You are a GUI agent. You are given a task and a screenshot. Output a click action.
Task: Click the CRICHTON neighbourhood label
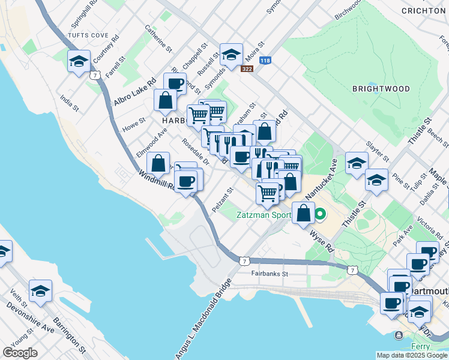tap(424, 11)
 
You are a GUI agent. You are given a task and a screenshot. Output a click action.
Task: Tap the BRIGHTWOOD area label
tap(381, 89)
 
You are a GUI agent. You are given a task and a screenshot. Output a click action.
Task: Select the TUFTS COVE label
tap(88, 35)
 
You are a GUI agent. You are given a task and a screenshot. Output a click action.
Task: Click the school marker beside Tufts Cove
tap(79, 61)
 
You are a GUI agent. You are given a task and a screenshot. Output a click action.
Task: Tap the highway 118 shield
tap(265, 60)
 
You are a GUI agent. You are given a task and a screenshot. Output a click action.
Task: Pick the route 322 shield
tap(247, 69)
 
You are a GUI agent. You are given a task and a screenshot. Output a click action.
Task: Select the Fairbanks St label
tap(270, 274)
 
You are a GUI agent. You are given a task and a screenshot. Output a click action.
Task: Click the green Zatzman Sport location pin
tap(321, 214)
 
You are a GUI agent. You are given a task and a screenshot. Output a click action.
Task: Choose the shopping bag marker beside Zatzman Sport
tap(304, 212)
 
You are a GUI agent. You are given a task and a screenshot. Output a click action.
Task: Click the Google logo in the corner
tap(20, 353)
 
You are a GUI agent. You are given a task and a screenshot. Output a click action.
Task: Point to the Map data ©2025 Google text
tap(412, 355)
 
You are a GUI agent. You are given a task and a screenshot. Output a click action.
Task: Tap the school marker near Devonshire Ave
tap(40, 291)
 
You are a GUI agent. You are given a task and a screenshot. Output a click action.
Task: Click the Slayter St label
tap(378, 153)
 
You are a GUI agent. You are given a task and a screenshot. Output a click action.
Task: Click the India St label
tap(69, 100)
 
